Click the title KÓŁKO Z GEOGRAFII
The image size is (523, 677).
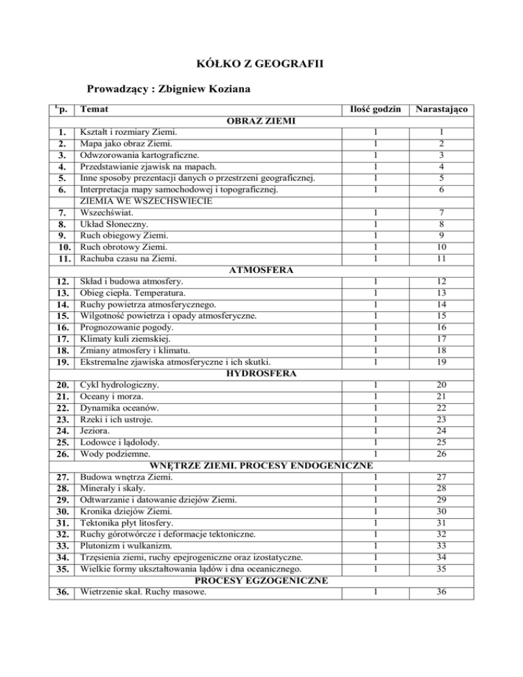pos(261,65)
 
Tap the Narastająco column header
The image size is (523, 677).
pos(462,108)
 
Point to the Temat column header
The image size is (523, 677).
pos(93,108)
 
